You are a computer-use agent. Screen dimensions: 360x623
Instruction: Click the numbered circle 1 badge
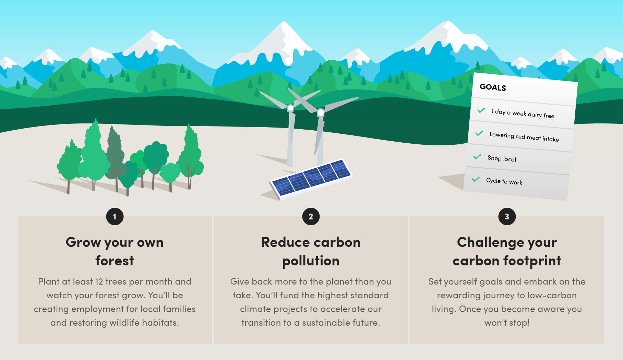point(115,217)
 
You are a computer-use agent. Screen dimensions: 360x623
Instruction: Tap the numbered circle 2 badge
point(311,217)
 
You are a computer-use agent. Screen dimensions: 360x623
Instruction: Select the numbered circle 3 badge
point(507,217)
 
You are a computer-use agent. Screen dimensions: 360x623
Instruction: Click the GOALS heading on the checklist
point(493,87)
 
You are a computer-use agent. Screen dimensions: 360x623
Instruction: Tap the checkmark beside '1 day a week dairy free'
point(481,110)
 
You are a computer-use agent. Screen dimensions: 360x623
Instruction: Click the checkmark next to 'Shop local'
point(477,157)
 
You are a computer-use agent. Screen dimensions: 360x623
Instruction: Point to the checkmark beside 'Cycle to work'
point(476,179)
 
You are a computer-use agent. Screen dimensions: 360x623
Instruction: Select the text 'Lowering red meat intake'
point(524,136)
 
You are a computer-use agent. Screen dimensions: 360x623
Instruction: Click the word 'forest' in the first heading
point(115,261)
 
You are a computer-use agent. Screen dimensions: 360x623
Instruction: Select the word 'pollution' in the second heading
point(311,261)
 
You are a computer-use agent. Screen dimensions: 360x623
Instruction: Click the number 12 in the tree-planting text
point(99,282)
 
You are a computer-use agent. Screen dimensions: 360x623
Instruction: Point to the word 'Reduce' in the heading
point(285,242)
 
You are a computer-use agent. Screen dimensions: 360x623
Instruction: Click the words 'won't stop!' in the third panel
point(507,323)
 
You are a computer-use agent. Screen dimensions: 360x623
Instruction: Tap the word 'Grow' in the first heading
point(83,242)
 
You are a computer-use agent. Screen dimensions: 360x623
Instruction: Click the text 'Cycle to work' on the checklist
point(504,181)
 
